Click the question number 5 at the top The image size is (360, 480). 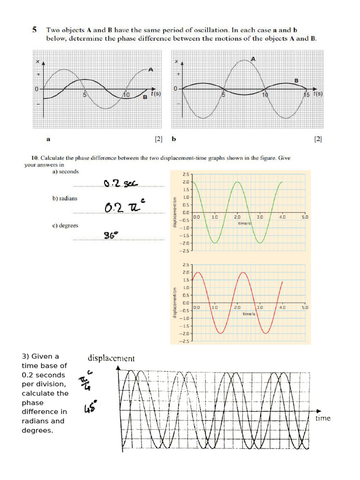[x=34, y=30]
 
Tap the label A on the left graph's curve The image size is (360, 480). [x=150, y=69]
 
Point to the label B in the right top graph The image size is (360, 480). [x=296, y=81]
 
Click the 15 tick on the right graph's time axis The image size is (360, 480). [x=306, y=94]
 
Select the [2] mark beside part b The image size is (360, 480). [x=318, y=139]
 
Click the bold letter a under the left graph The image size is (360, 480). [x=48, y=139]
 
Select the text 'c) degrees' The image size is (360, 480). [x=65, y=225]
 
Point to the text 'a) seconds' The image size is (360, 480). [x=66, y=172]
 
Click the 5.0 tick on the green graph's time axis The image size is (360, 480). [x=305, y=217]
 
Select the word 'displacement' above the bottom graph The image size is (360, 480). [x=111, y=359]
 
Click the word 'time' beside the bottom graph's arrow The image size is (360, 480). [x=322, y=418]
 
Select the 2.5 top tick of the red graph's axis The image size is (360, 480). [x=186, y=265]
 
